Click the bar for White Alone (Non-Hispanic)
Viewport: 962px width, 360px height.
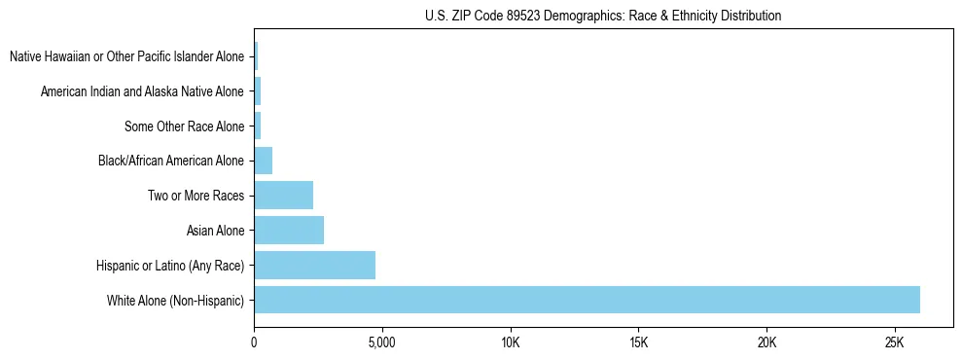click(587, 300)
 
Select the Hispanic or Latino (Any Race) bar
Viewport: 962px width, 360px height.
click(314, 265)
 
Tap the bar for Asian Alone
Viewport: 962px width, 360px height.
click(289, 231)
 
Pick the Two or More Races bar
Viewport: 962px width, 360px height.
click(283, 196)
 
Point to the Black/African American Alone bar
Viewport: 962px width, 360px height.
click(263, 161)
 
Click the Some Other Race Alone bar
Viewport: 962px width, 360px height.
click(257, 126)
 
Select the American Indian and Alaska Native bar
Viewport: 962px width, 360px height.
click(257, 91)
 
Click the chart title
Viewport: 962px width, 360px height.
click(603, 16)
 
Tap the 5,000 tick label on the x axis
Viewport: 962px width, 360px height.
click(382, 342)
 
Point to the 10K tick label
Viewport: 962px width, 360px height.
click(510, 342)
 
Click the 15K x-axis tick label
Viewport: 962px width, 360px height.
click(638, 342)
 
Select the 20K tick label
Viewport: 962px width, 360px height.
click(766, 342)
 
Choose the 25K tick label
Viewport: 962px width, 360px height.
click(895, 342)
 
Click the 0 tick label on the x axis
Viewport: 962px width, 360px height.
click(254, 342)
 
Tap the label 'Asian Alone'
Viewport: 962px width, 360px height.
click(215, 231)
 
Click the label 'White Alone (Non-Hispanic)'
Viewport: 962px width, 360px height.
click(176, 301)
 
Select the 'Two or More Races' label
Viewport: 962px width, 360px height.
click(196, 196)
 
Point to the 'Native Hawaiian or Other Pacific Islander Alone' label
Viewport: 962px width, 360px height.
click(127, 56)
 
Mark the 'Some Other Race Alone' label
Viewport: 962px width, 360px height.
click(185, 126)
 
